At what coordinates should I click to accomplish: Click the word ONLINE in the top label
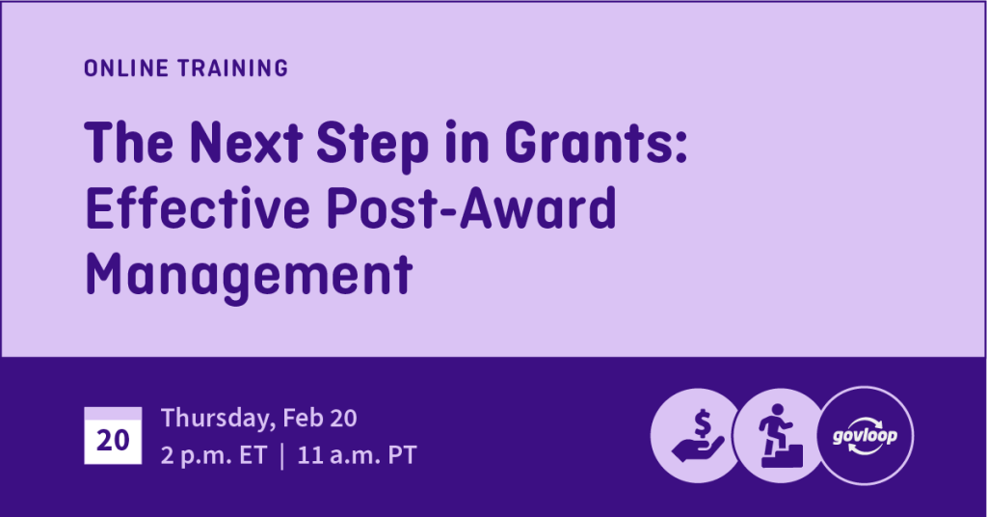pos(126,68)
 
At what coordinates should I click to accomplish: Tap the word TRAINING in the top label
pos(232,68)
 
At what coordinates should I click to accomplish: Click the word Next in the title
pos(246,143)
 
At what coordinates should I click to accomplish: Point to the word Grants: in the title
pos(596,143)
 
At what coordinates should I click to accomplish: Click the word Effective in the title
pos(198,208)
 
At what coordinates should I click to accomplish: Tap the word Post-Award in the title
pos(471,208)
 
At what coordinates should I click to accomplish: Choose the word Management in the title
pos(249,275)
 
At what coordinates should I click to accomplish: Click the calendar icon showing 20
pos(113,436)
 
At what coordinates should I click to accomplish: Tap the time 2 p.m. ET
pos(214,455)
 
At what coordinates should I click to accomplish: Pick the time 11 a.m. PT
pos(357,454)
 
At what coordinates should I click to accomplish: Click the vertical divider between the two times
pos(282,455)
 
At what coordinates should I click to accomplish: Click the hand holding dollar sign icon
pos(696,436)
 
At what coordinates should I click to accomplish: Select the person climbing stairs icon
pos(779,436)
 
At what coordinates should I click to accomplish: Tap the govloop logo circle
pos(865,436)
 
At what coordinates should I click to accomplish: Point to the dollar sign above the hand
pos(703,423)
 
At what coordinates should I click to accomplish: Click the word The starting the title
pos(129,143)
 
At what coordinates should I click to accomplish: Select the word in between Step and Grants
pos(467,143)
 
